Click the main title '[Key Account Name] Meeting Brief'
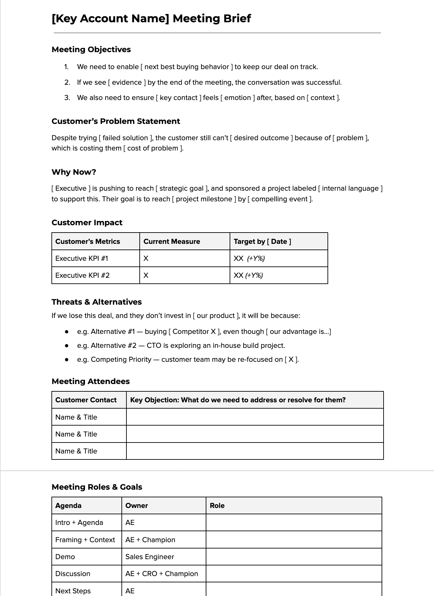click(x=151, y=19)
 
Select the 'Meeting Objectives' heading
click(x=91, y=50)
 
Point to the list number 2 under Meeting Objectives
click(x=67, y=82)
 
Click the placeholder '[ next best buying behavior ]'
click(x=186, y=67)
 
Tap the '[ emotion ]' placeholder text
click(x=238, y=98)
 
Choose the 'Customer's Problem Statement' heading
click(x=116, y=121)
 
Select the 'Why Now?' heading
click(x=74, y=172)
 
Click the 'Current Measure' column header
click(x=172, y=242)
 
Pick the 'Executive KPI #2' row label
click(x=82, y=275)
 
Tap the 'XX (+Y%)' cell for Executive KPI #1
click(x=249, y=258)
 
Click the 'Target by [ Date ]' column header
click(x=262, y=242)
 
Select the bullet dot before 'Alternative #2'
click(x=67, y=346)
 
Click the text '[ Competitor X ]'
click(x=194, y=332)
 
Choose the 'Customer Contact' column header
click(x=86, y=400)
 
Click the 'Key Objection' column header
click(x=238, y=400)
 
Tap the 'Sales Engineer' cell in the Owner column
click(x=150, y=557)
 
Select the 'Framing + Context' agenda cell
click(x=85, y=540)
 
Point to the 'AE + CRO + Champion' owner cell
click(x=162, y=574)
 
